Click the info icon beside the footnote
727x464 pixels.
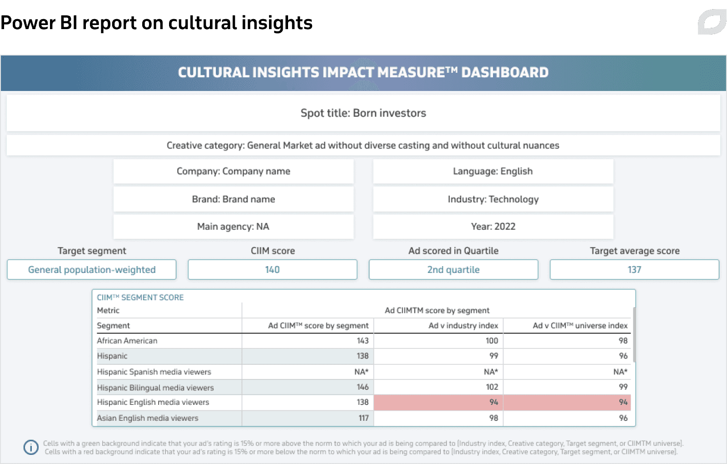(x=31, y=447)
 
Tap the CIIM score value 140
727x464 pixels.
(x=272, y=269)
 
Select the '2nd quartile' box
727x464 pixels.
(x=453, y=269)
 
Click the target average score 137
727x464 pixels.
(x=634, y=269)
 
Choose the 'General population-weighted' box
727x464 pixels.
(x=91, y=269)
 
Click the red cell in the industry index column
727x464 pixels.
(x=438, y=402)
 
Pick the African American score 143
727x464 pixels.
(x=363, y=341)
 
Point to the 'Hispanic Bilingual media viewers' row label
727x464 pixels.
(x=155, y=387)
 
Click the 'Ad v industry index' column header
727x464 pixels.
(x=463, y=325)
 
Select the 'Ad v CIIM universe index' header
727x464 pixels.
(x=580, y=325)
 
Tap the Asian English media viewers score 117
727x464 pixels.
(x=363, y=418)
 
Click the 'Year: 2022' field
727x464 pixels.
(x=493, y=227)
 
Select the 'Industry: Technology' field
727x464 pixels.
(x=493, y=199)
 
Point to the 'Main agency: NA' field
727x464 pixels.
(x=234, y=227)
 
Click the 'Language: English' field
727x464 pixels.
(x=493, y=171)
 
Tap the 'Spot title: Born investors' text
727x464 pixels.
(x=363, y=113)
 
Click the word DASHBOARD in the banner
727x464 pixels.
(x=505, y=72)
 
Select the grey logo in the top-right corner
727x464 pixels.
(x=712, y=22)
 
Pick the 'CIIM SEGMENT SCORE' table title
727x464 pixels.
(x=140, y=298)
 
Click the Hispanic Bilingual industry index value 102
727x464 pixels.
(x=492, y=387)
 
